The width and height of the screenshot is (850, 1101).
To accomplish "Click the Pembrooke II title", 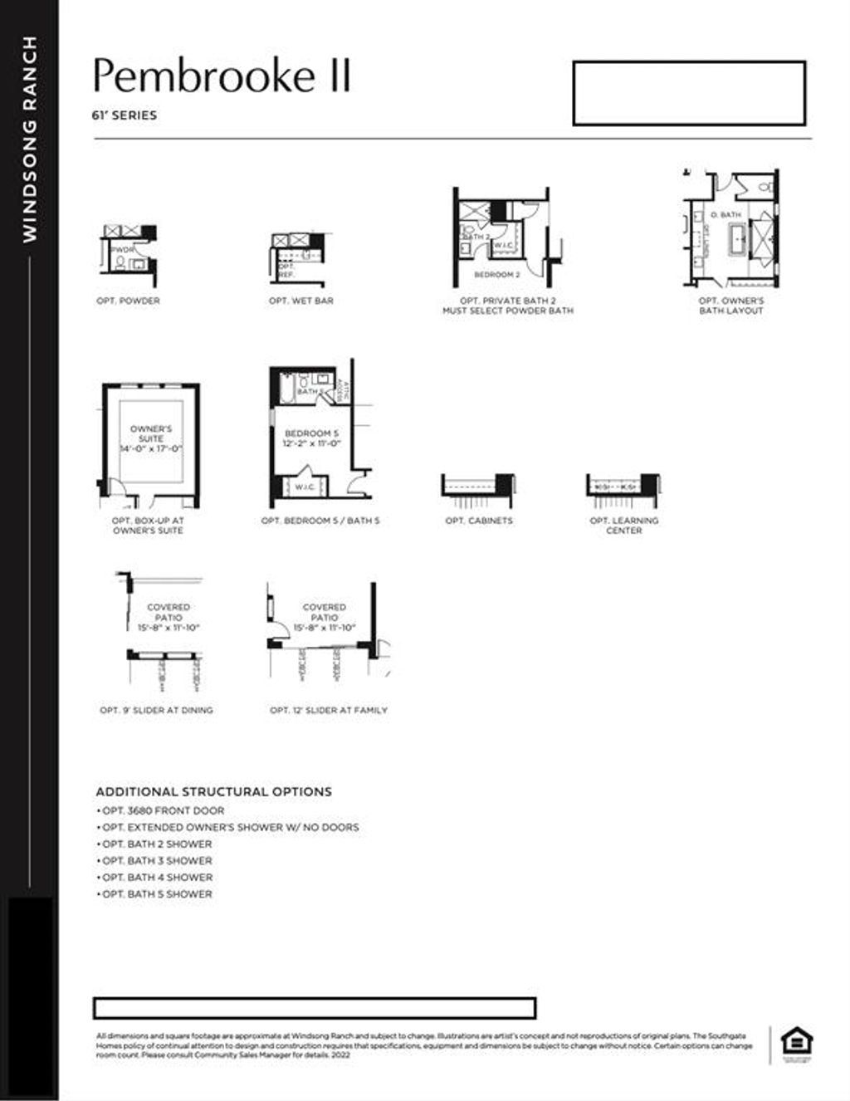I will pyautogui.click(x=222, y=76).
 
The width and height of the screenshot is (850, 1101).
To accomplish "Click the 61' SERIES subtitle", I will pyautogui.click(x=125, y=115).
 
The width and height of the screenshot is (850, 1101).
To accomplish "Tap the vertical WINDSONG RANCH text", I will pyautogui.click(x=31, y=139).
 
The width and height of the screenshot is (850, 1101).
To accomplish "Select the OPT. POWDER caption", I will pyautogui.click(x=128, y=301).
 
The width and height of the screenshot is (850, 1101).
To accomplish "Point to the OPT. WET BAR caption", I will pyautogui.click(x=300, y=301).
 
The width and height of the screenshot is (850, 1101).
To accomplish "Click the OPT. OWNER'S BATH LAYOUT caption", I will pyautogui.click(x=730, y=306).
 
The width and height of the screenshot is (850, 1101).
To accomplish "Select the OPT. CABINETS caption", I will pyautogui.click(x=479, y=521).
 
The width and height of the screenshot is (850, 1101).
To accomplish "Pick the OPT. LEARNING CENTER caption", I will pyautogui.click(x=623, y=526).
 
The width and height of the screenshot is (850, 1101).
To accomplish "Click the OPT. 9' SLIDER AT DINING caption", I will pyautogui.click(x=156, y=710).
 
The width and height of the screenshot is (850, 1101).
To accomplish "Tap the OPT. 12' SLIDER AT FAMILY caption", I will pyautogui.click(x=329, y=710).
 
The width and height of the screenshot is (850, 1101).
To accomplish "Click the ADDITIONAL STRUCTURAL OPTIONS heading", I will pyautogui.click(x=213, y=791).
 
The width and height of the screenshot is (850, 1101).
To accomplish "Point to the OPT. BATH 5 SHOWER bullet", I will pyautogui.click(x=157, y=894).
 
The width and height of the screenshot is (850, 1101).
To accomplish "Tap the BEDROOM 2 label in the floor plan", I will pyautogui.click(x=497, y=274).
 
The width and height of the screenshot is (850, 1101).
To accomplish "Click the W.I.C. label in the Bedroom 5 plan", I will pyautogui.click(x=305, y=487).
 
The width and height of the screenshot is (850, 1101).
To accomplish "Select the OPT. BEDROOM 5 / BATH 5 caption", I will pyautogui.click(x=320, y=521).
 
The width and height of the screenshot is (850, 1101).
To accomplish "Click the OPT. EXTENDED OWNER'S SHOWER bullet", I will pyautogui.click(x=230, y=827).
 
